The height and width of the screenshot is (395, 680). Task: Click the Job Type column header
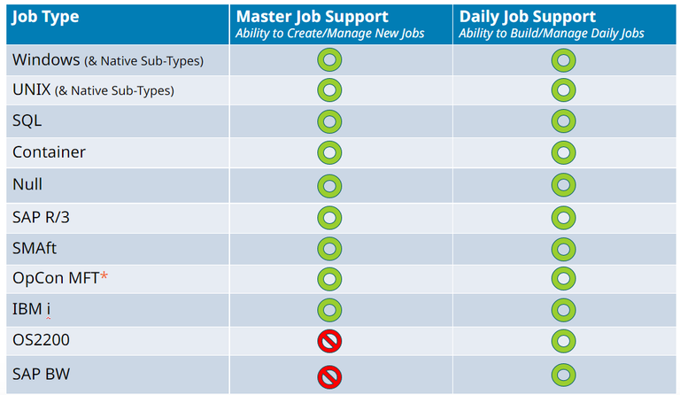coord(47,17)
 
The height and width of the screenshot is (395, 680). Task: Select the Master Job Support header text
coord(313,16)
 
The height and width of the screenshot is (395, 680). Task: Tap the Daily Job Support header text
coord(527,16)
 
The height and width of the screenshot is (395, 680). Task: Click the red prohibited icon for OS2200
coord(329,341)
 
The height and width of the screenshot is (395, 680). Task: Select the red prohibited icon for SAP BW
coord(329,376)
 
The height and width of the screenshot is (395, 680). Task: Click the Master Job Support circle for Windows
coord(329,60)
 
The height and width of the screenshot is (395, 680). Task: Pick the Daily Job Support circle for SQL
coord(563,121)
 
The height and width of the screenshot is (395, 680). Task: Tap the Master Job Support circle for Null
coord(329,186)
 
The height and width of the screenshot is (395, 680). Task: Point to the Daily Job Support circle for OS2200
coord(563,341)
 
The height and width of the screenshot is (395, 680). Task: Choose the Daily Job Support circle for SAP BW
coord(563,376)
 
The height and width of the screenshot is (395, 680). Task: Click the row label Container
coord(49,152)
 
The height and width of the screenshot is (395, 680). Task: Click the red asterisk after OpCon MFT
coord(104,277)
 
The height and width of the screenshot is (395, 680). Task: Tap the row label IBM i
coord(35,309)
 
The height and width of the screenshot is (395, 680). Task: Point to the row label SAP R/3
coord(40,216)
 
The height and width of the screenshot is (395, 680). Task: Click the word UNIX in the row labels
coord(32,89)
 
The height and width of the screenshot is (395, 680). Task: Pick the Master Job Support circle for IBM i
coord(329,310)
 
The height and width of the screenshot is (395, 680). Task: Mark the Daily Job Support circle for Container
coord(563,153)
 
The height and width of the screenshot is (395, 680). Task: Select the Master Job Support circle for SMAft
coord(329,248)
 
